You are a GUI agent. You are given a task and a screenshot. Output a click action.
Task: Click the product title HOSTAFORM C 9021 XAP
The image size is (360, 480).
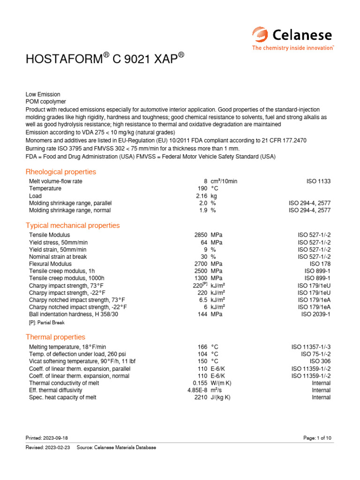coord(105,60)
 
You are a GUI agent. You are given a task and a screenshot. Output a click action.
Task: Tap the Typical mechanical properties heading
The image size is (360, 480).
coord(73,225)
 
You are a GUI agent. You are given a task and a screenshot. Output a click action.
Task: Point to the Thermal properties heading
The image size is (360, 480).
coord(55,337)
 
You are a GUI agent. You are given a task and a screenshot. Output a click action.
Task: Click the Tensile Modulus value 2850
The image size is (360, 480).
coord(201,235)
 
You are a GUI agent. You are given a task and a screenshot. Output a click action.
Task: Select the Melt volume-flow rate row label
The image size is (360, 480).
coord(56,181)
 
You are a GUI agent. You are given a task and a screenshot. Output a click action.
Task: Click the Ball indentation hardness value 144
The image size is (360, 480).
coord(202,314)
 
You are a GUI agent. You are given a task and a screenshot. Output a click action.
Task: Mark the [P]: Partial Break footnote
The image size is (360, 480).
coord(47,322)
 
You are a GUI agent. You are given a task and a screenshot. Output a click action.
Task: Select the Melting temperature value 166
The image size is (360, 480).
coord(202,346)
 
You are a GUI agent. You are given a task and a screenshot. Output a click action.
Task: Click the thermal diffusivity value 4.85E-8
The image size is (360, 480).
coord(197,390)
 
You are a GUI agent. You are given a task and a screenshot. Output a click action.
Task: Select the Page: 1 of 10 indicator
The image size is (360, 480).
coord(317,438)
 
